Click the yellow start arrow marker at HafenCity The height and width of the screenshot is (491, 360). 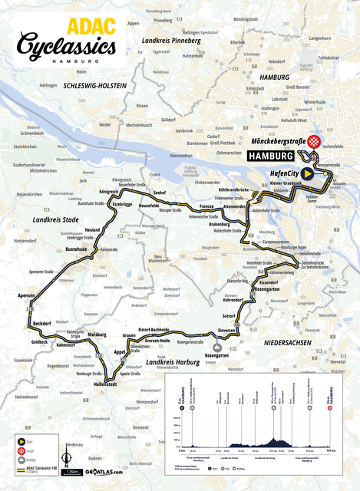(x=307, y=174)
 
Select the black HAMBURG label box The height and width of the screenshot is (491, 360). (x=271, y=155)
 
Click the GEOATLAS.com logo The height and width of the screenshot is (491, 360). (x=104, y=473)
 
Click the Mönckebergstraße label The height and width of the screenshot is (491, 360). (x=278, y=142)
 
